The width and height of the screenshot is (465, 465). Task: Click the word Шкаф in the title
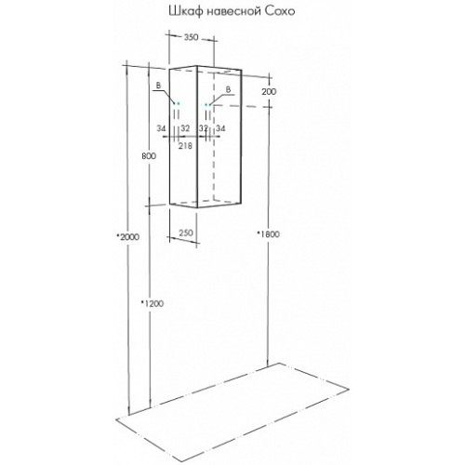(x=185, y=12)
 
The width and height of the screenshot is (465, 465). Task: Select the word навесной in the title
(x=232, y=12)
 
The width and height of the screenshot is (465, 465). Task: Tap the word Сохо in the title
(x=279, y=11)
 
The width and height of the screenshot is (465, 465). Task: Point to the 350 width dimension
(x=191, y=37)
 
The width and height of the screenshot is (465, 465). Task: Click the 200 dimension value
(x=269, y=92)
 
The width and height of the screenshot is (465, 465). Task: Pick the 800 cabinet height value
(x=149, y=156)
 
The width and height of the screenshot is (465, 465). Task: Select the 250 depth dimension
(x=186, y=232)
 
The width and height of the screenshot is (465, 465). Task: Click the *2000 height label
(x=127, y=237)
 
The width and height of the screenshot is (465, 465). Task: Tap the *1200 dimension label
(x=152, y=303)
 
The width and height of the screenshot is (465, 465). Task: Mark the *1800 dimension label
(x=268, y=234)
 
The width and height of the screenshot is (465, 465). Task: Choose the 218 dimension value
(x=185, y=145)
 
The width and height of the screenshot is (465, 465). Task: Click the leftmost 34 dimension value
(x=161, y=128)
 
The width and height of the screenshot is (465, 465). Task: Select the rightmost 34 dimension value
(x=220, y=128)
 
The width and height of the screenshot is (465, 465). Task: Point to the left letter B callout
(x=158, y=86)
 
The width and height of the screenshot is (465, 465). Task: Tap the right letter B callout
(x=228, y=89)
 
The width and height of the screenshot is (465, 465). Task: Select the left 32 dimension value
(x=185, y=128)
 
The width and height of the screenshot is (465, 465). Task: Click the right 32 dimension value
(x=204, y=128)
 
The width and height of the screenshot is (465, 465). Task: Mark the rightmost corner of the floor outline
(x=349, y=389)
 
